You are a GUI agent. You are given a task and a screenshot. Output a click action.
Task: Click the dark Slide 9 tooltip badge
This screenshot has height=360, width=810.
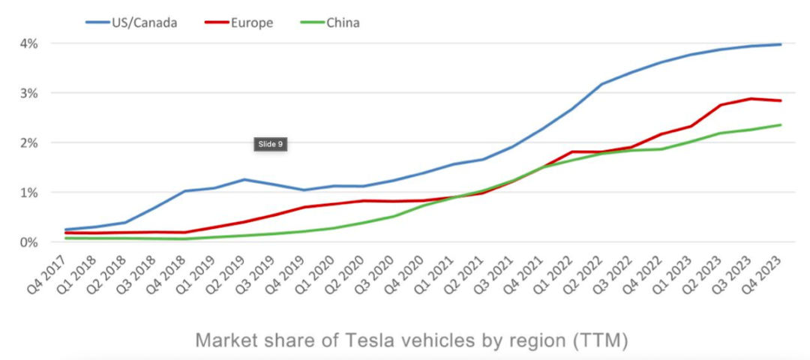coord(270,144)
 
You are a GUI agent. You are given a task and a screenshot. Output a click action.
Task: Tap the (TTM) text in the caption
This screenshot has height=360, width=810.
coord(598,340)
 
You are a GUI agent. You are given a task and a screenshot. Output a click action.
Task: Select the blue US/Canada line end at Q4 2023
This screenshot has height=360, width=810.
coord(781,44)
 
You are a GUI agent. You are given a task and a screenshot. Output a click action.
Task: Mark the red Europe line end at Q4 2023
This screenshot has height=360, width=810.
coord(781,100)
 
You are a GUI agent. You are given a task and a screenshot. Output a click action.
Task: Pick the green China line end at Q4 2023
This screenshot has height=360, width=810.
coord(781,124)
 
